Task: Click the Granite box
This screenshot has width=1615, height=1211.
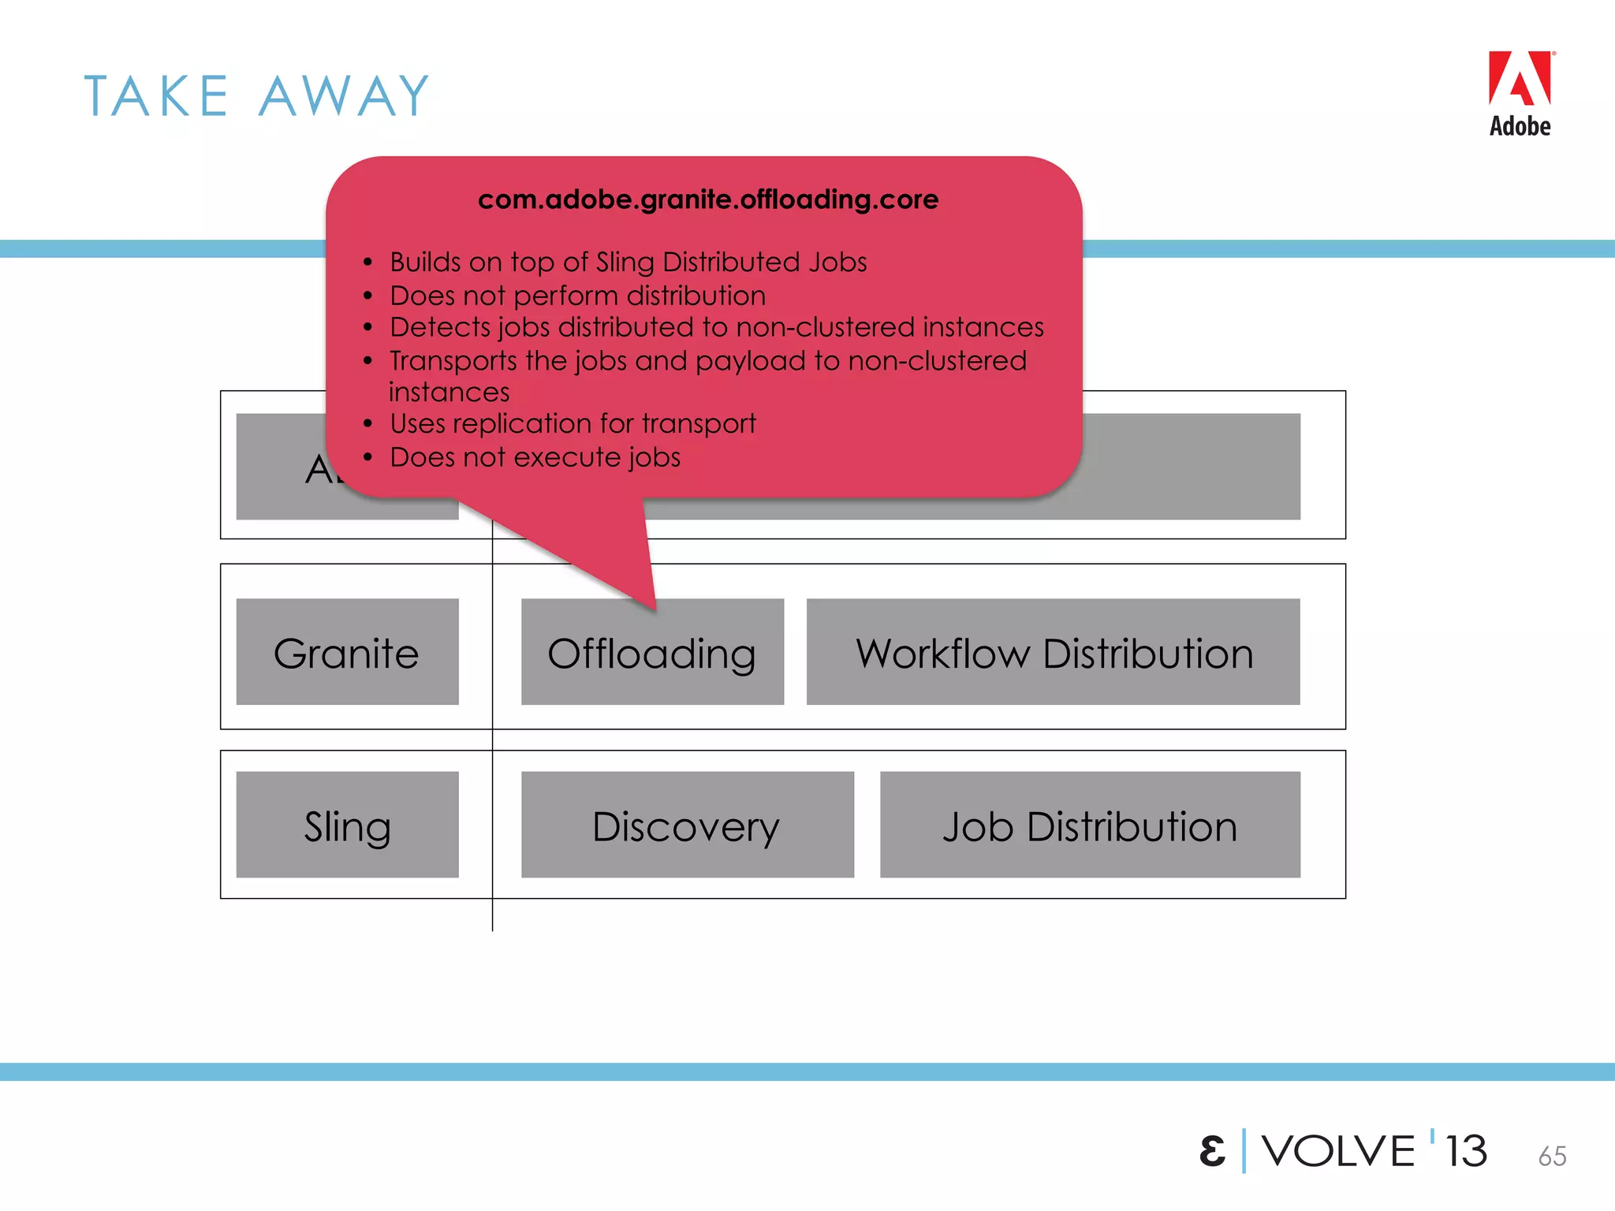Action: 347,652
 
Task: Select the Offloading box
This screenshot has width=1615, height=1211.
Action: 652,652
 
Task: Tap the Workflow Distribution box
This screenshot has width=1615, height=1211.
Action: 1053,652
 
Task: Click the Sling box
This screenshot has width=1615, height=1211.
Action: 347,825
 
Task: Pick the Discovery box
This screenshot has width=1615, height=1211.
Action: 687,825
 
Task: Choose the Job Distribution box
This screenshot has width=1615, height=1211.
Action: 1090,825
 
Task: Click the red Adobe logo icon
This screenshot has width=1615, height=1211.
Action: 1520,79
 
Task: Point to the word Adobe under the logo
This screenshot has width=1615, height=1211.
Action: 1520,126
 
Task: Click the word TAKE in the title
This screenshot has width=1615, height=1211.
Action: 156,96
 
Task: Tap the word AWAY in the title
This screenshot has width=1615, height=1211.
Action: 345,96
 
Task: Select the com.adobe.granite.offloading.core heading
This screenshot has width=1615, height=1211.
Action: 707,199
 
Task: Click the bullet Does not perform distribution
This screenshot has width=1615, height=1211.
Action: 577,296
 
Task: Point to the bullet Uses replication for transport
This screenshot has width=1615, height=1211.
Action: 573,423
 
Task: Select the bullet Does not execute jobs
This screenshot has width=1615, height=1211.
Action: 535,457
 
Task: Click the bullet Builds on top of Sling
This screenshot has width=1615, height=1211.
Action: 628,262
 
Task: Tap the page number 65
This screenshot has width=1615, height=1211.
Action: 1552,1156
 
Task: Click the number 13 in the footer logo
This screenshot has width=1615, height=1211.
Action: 1466,1151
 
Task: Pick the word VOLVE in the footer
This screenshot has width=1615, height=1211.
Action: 1338,1151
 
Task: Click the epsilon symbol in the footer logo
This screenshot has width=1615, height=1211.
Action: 1213,1151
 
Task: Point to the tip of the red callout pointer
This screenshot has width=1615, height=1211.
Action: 655,609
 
